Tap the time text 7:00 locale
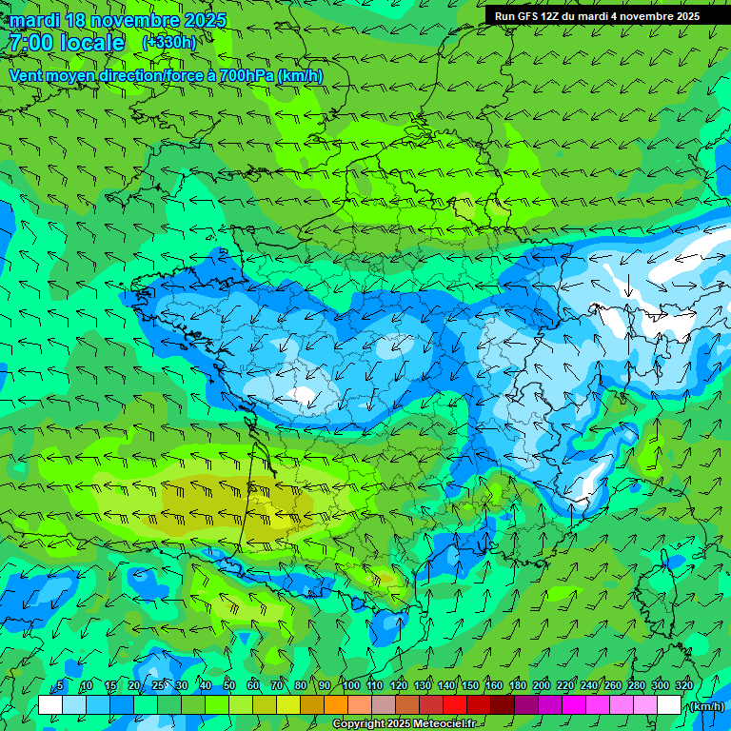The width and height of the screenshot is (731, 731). (x=66, y=43)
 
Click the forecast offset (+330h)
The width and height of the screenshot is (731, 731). (x=168, y=43)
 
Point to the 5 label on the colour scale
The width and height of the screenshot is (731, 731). (x=60, y=686)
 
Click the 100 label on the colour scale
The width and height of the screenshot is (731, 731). (x=350, y=686)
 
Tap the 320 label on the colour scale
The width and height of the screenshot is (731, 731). (x=683, y=686)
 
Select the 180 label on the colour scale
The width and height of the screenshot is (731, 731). (x=517, y=686)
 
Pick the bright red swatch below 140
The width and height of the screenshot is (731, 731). (x=454, y=705)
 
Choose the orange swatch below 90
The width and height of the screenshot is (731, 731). (x=335, y=705)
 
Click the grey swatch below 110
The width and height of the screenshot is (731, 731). (x=383, y=705)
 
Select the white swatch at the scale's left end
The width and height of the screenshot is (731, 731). (x=50, y=705)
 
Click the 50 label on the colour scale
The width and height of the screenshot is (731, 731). (x=228, y=686)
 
